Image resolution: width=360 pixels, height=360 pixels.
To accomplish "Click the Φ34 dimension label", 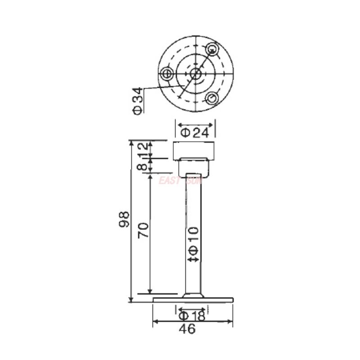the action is (138, 101).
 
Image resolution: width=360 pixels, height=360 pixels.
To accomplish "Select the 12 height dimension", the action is (142, 149).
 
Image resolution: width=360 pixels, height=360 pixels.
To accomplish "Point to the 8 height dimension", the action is (142, 165).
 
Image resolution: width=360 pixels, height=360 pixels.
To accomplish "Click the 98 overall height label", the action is (124, 219).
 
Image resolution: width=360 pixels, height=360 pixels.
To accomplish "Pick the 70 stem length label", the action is (144, 230).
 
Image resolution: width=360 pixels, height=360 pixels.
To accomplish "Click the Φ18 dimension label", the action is (192, 316).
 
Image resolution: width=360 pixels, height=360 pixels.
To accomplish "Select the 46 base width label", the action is (187, 329).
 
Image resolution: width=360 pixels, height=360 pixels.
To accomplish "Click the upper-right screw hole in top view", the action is (211, 49).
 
